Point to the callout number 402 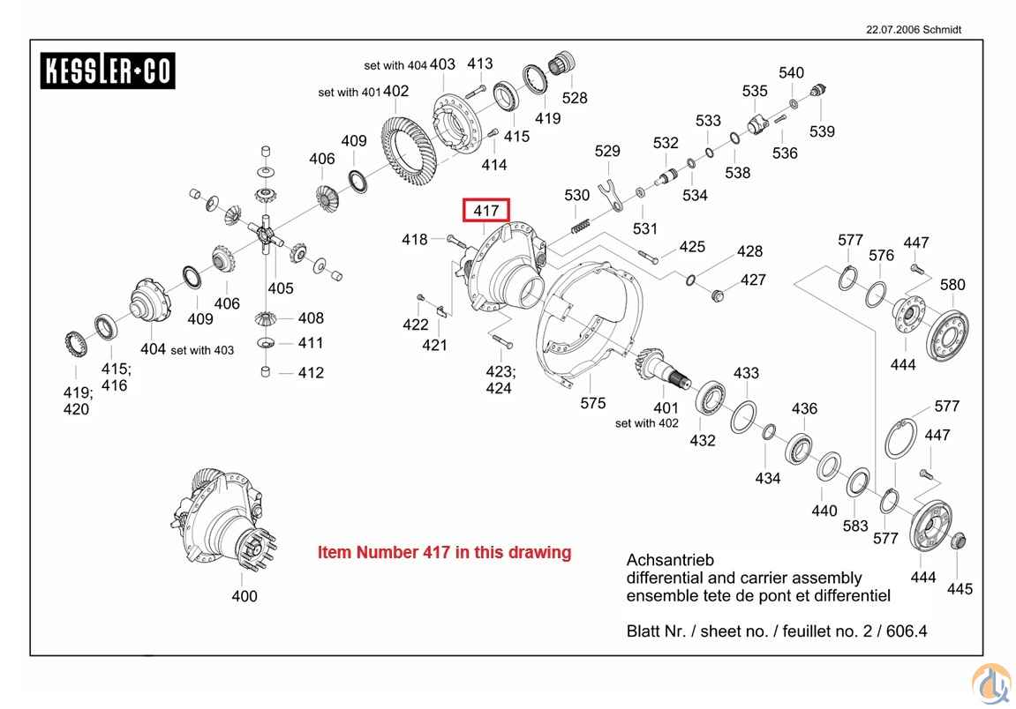396,91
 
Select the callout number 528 575,98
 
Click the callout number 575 593,403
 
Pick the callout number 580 952,285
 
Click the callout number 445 960,588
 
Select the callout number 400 245,596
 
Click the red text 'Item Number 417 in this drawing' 444,553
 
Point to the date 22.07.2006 892,29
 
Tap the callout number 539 822,131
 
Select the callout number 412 311,373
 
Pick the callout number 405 281,288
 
